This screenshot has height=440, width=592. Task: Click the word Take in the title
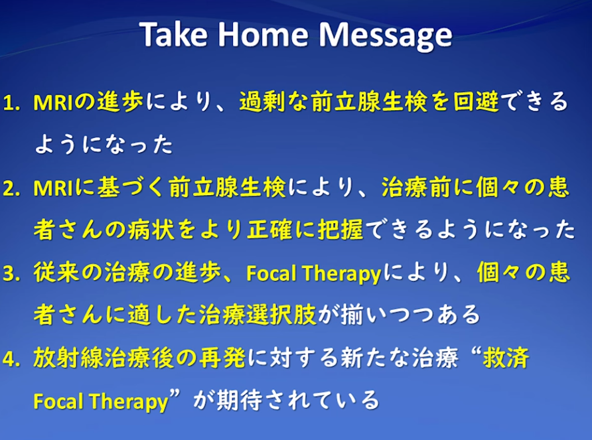click(x=174, y=34)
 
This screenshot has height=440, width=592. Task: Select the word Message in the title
click(x=385, y=37)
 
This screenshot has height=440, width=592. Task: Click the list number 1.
click(x=11, y=103)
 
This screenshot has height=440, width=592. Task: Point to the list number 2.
click(x=11, y=188)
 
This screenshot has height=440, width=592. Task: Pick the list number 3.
click(x=11, y=273)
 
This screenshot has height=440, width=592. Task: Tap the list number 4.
click(x=11, y=358)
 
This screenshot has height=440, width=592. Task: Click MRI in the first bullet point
click(x=53, y=103)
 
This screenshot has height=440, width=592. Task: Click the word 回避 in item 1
click(x=476, y=102)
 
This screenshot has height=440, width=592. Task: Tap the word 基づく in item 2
click(x=131, y=187)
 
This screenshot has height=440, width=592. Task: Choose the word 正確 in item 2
click(x=269, y=229)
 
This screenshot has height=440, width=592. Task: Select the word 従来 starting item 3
click(x=56, y=272)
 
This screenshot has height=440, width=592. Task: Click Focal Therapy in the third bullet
click(x=313, y=273)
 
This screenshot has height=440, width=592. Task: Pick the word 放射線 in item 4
click(x=68, y=357)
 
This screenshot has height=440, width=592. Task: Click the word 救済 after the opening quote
click(x=506, y=357)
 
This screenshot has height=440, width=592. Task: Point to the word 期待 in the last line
click(x=240, y=400)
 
